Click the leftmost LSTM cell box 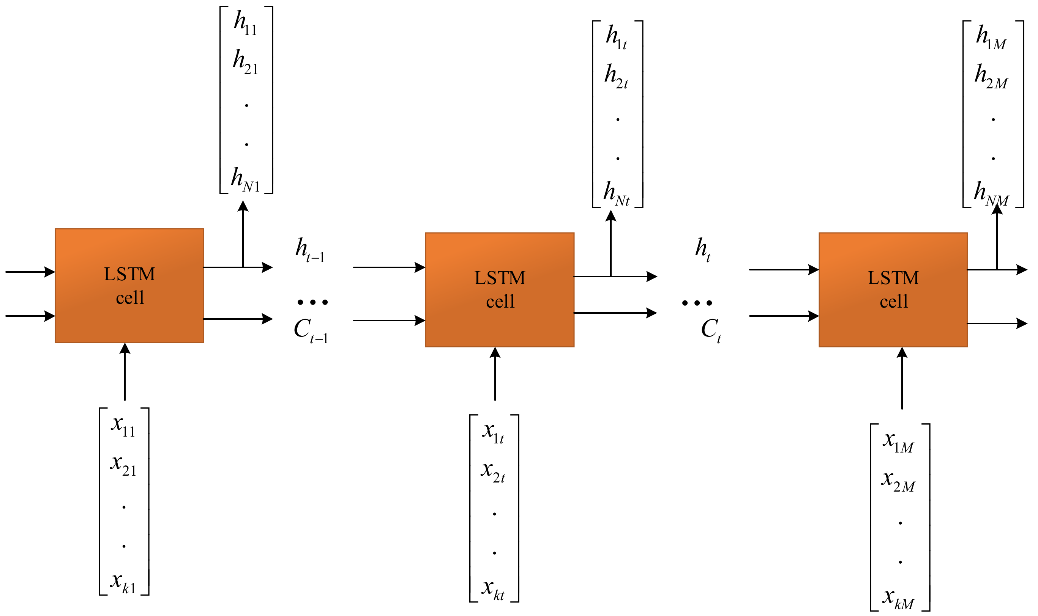pos(129,286)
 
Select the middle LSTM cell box pos(499,289)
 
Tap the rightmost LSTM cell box pos(893,289)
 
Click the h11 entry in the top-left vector pos(245,23)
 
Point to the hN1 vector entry pos(245,180)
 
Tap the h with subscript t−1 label pos(309,250)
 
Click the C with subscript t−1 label pos(310,330)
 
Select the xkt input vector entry pos(493,589)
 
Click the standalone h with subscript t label pos(702,249)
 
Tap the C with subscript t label pos(711,330)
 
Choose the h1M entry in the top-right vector pos(990,37)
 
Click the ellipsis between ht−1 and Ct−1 pos(312,302)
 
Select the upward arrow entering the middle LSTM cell pos(495,374)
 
